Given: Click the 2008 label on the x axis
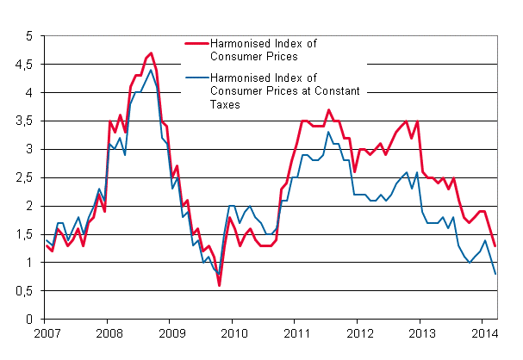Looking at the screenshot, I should coord(108,332).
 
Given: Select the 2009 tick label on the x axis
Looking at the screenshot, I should coord(171,332).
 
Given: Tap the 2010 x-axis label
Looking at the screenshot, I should coord(233,332).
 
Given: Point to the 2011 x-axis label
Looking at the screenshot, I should coord(296,332).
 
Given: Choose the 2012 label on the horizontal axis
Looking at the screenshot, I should coord(359,332).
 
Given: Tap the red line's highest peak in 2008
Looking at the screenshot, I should coord(151,53).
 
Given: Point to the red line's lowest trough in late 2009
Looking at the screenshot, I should coord(219,285).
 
